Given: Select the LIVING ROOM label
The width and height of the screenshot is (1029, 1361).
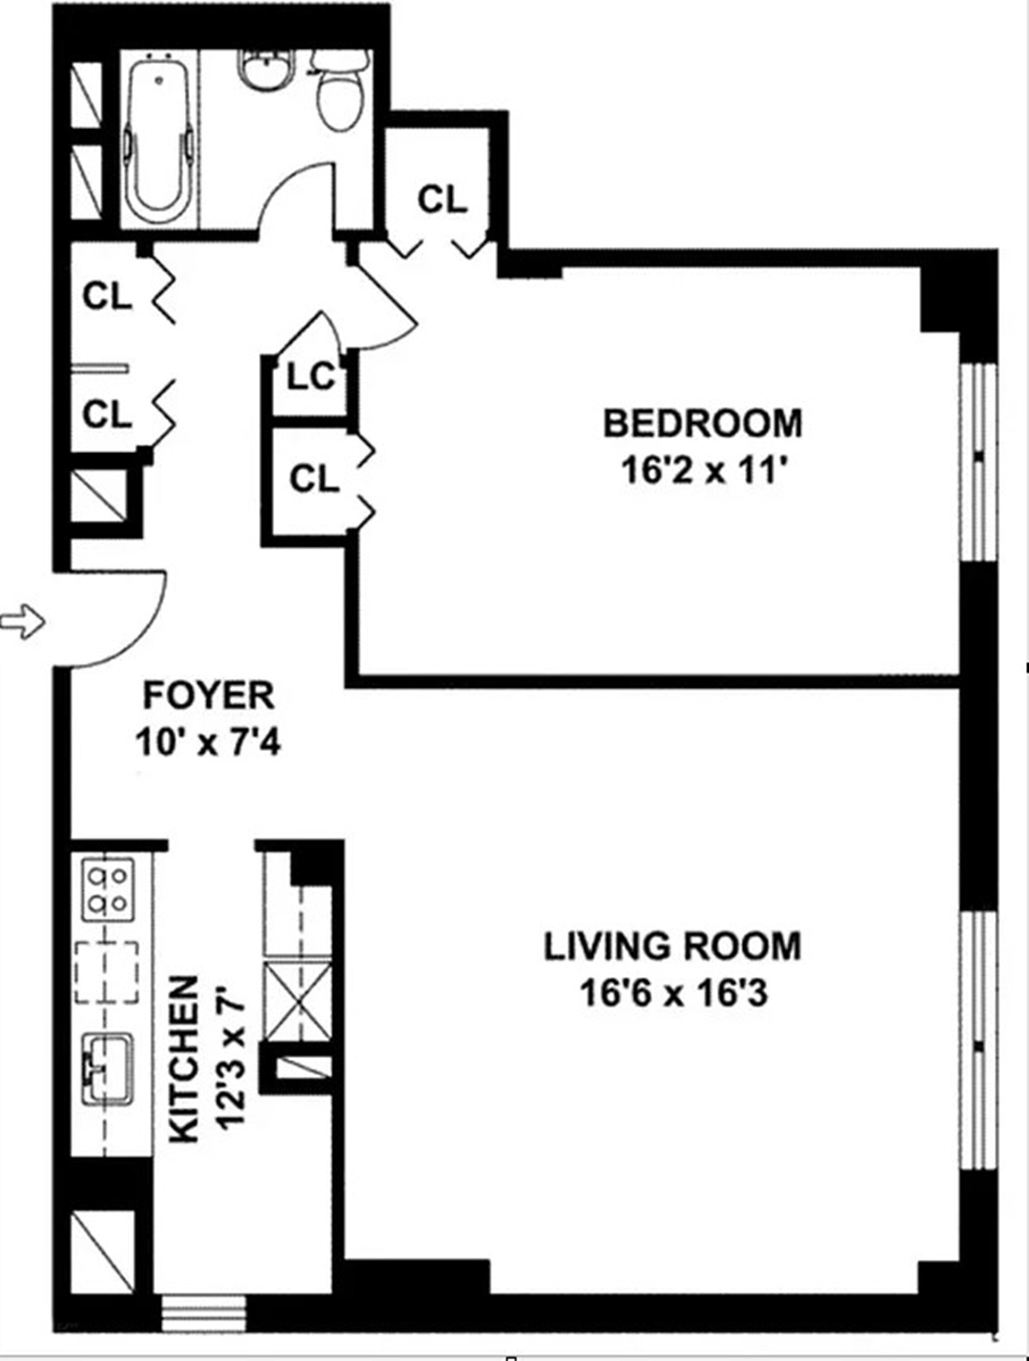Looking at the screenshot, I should pyautogui.click(x=672, y=947).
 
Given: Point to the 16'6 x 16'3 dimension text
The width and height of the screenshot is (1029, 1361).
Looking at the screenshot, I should pyautogui.click(x=673, y=995).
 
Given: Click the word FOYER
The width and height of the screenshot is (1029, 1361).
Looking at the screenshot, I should pyautogui.click(x=209, y=695).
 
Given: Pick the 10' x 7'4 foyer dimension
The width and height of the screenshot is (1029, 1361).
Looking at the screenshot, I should pyautogui.click(x=209, y=743).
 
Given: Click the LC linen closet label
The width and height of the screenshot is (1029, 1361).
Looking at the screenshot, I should pyautogui.click(x=311, y=377).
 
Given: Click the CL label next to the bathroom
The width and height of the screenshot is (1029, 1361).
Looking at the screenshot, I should pyautogui.click(x=442, y=199).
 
